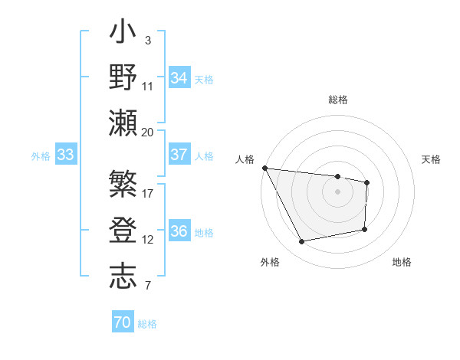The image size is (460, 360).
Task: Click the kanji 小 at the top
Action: point(123,34)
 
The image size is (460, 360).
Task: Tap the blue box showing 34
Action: point(179,77)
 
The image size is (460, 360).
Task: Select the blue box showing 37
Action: point(179,155)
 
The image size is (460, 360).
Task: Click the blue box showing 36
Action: point(179,232)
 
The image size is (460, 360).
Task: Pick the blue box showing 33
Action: point(66,155)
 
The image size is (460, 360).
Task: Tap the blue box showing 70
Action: point(122,322)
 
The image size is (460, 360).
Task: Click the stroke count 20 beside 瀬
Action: point(148,133)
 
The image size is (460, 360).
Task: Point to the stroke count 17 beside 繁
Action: point(148,194)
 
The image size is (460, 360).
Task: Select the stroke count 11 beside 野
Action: point(148,87)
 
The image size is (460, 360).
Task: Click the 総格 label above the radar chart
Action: point(338,100)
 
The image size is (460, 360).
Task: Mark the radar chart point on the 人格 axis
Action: point(264,168)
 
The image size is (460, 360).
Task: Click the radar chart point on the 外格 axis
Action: point(302,242)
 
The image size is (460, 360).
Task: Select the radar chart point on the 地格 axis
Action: point(365,229)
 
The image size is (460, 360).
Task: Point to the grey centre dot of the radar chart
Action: point(337,191)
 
